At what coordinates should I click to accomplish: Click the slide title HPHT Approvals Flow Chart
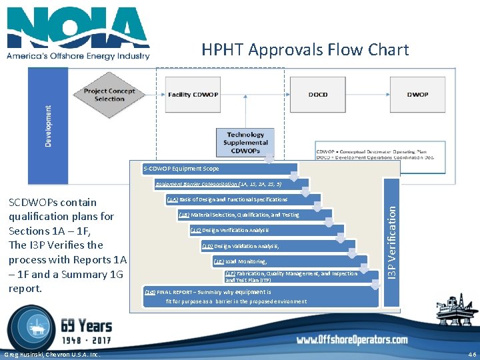coord(305,50)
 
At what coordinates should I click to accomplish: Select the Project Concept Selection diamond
coord(109,95)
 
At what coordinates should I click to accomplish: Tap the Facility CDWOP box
coord(193,95)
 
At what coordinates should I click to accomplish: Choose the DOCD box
coord(318,95)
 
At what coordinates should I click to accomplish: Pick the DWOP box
coord(417,95)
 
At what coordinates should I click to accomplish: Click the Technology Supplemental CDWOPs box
coord(245,142)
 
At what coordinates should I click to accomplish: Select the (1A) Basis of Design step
coord(227,199)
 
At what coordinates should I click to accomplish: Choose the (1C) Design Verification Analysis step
coord(229,230)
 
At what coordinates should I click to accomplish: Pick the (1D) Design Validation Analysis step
coord(241,246)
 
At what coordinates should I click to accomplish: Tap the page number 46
coord(473,354)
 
